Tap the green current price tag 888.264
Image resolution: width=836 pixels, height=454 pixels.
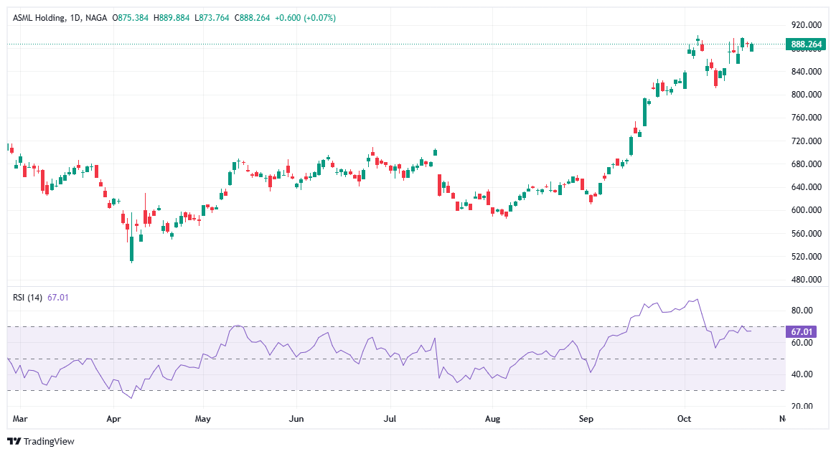tap(806, 44)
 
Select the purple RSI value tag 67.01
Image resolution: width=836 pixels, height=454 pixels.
tap(801, 332)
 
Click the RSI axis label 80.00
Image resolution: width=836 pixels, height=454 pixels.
tap(802, 311)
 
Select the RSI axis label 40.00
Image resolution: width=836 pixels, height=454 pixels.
tap(802, 374)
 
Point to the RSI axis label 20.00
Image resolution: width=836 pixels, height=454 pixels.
tap(802, 406)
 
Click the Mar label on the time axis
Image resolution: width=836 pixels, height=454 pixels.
tap(19, 417)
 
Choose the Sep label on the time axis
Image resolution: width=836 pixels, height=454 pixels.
tap(586, 417)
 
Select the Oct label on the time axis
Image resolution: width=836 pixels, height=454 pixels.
tap(684, 417)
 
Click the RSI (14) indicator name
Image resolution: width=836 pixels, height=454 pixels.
tap(28, 298)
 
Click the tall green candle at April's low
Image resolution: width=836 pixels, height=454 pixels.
tap(132, 247)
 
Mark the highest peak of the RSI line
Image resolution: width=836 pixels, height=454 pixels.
tap(696, 300)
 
